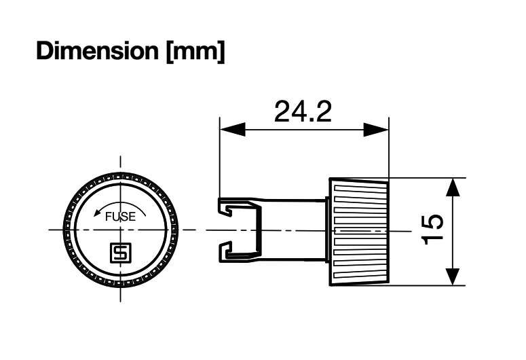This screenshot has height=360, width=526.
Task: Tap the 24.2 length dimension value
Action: (x=303, y=111)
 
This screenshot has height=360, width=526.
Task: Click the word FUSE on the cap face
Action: (x=120, y=217)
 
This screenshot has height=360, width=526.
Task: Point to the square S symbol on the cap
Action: (x=120, y=254)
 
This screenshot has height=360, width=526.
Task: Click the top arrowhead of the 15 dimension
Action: (x=453, y=188)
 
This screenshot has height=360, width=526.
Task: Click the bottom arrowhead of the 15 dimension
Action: (x=453, y=275)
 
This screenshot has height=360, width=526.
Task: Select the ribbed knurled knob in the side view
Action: (x=360, y=231)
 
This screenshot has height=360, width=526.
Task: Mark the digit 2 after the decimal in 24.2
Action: (x=323, y=111)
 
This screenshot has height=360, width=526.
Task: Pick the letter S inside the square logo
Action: (x=120, y=254)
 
